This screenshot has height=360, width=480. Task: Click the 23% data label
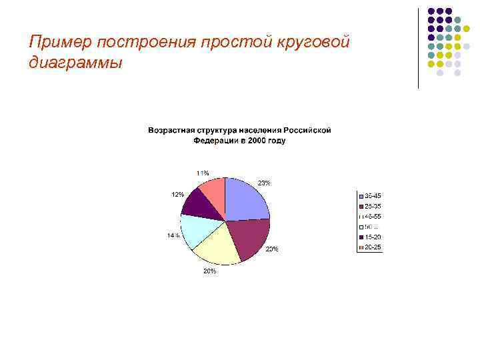pyautogui.click(x=264, y=183)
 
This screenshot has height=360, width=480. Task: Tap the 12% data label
pyautogui.click(x=178, y=195)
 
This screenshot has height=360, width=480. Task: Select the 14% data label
pyautogui.click(x=173, y=236)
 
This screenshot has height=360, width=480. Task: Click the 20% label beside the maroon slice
pyautogui.click(x=272, y=249)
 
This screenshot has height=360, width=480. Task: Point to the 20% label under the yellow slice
pyautogui.click(x=209, y=271)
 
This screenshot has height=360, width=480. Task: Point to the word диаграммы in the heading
pyautogui.click(x=76, y=64)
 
